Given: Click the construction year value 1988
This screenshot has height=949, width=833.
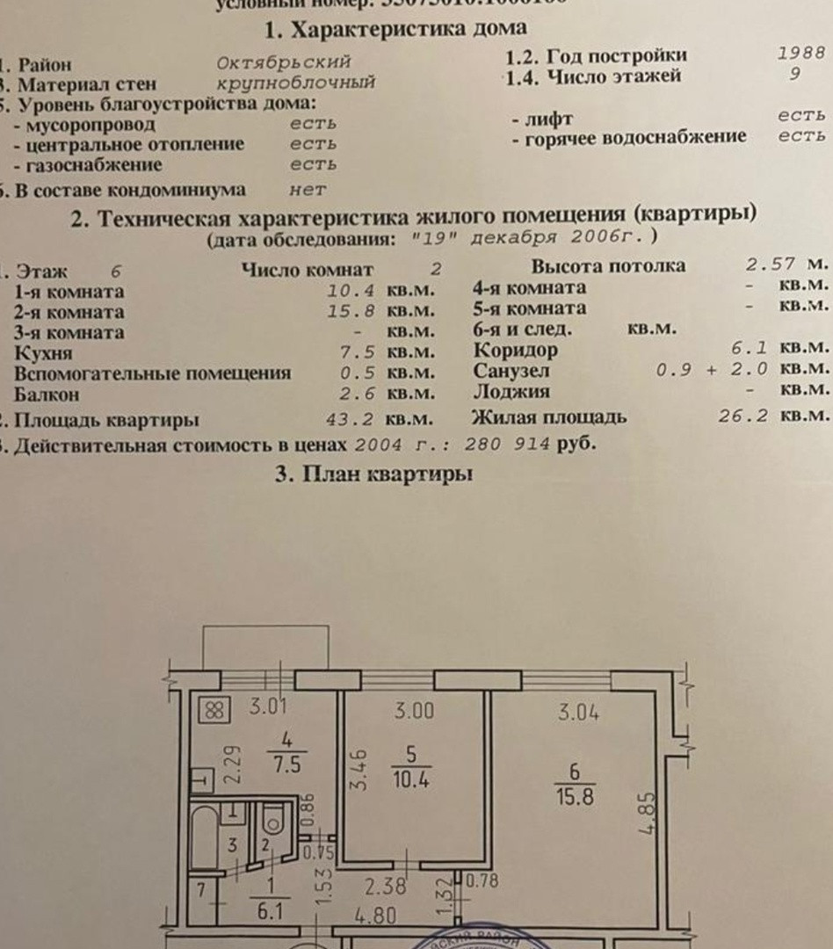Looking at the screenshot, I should tap(800, 52).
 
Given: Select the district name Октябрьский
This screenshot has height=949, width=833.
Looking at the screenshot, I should tap(284, 62).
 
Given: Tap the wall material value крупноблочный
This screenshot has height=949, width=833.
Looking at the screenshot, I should tap(296, 83).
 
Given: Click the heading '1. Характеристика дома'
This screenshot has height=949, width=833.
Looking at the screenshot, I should tap(396, 30).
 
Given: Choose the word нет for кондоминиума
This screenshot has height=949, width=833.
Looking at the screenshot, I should tap(308, 189).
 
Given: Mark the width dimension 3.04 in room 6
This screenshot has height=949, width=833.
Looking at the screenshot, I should tap(578, 713).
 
